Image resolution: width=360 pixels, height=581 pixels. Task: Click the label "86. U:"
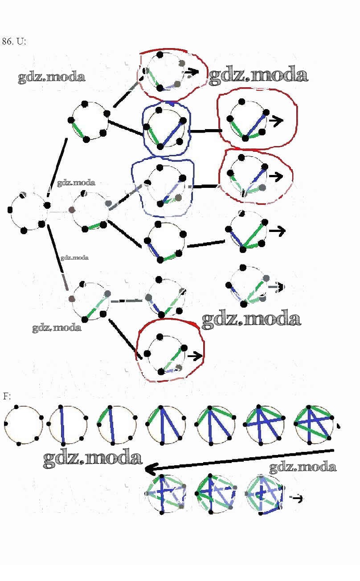[14, 41]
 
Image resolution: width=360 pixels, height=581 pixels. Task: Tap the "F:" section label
[7, 396]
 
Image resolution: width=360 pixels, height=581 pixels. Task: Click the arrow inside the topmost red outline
[192, 72]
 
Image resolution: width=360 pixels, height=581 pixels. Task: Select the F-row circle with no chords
[23, 424]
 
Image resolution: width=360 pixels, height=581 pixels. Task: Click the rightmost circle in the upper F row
[314, 424]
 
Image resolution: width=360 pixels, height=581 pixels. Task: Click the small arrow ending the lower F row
[297, 499]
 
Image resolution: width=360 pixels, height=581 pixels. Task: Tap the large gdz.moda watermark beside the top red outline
[258, 75]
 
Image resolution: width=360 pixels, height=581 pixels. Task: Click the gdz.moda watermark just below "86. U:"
[51, 77]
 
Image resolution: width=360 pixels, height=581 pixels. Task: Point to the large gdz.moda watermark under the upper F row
[92, 458]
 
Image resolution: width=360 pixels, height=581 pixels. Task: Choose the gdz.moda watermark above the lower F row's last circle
[303, 467]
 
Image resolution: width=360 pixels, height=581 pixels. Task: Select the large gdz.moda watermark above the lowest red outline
[251, 319]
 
